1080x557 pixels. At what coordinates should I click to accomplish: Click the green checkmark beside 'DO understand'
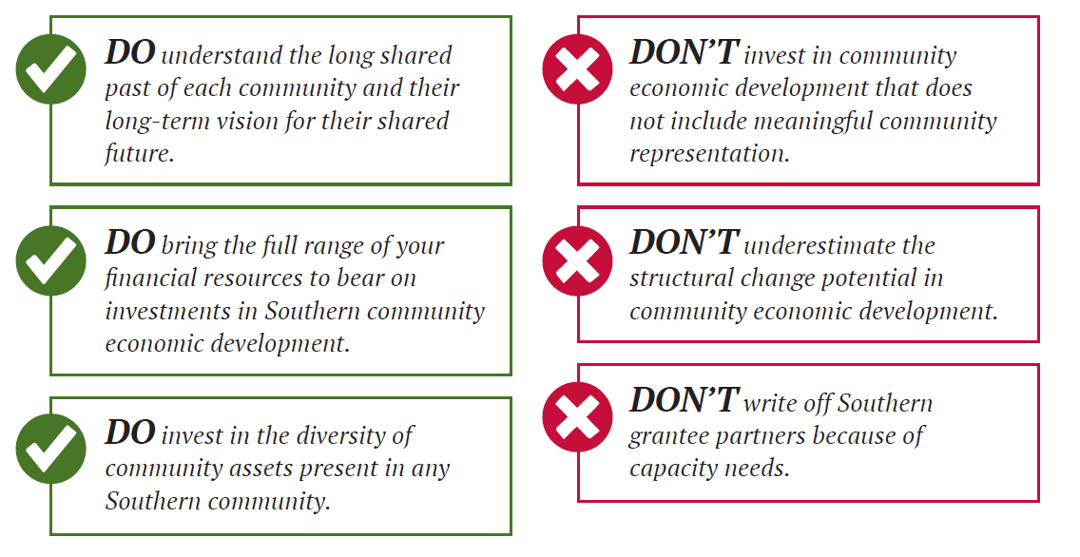coord(51,68)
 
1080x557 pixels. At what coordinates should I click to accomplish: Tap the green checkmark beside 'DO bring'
coord(51,260)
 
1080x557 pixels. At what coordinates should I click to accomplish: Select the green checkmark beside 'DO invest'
coord(51,449)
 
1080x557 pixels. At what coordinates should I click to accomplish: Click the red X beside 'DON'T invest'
coord(577,68)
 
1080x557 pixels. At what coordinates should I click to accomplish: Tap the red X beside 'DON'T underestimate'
coord(577,260)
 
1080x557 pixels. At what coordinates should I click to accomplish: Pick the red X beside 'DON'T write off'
coord(577,416)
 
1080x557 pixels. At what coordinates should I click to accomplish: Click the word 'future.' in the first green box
coord(140,153)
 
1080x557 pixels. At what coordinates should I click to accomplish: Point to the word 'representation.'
coord(709,154)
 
